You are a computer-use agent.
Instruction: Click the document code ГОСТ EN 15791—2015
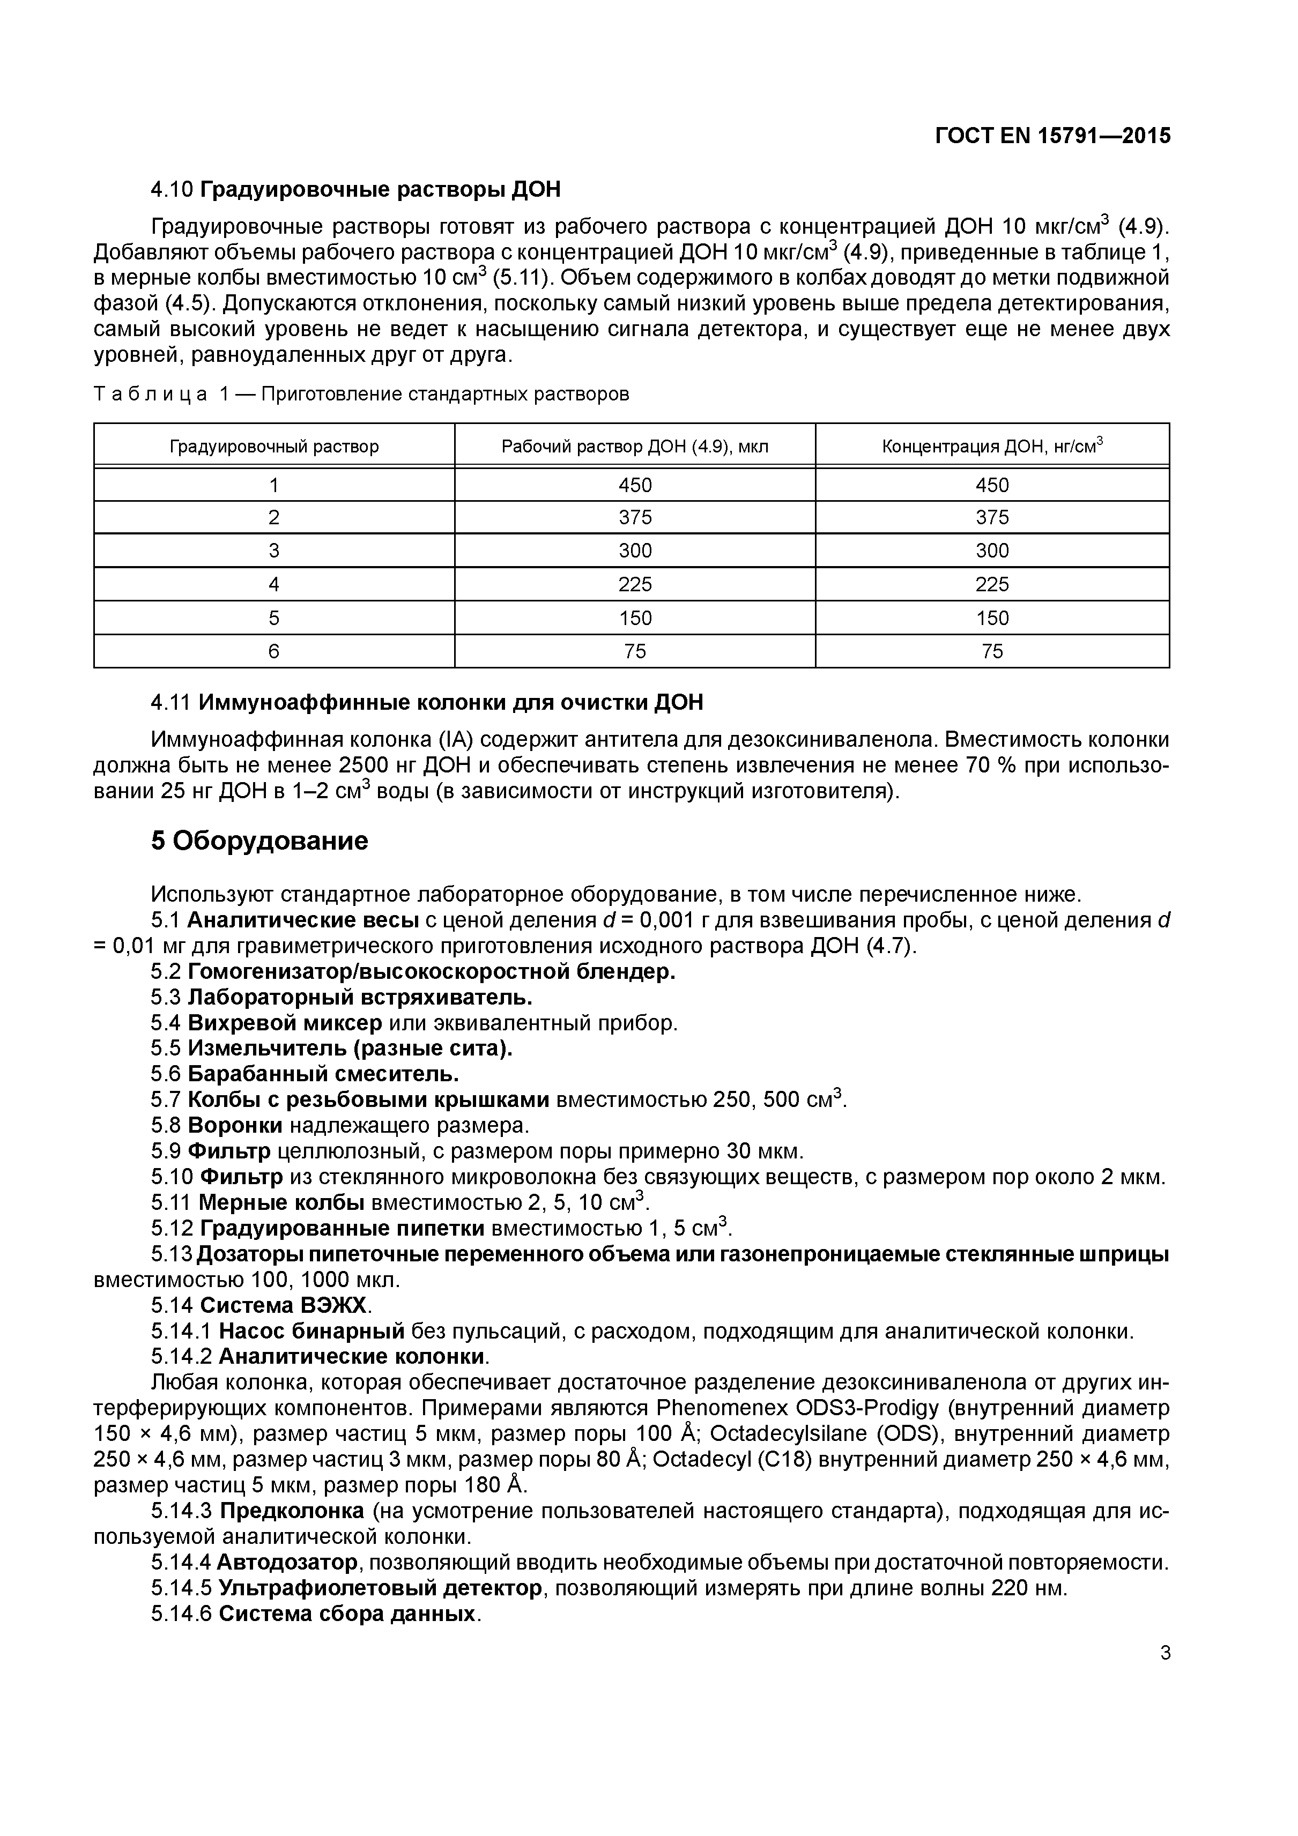click(1052, 136)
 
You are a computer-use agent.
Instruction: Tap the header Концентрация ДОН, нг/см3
click(992, 445)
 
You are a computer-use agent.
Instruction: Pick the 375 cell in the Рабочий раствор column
click(635, 517)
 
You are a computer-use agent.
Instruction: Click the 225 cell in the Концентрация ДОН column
click(992, 584)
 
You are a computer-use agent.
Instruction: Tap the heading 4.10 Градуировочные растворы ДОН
click(356, 190)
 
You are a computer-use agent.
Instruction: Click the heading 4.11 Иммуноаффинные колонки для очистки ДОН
click(427, 703)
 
